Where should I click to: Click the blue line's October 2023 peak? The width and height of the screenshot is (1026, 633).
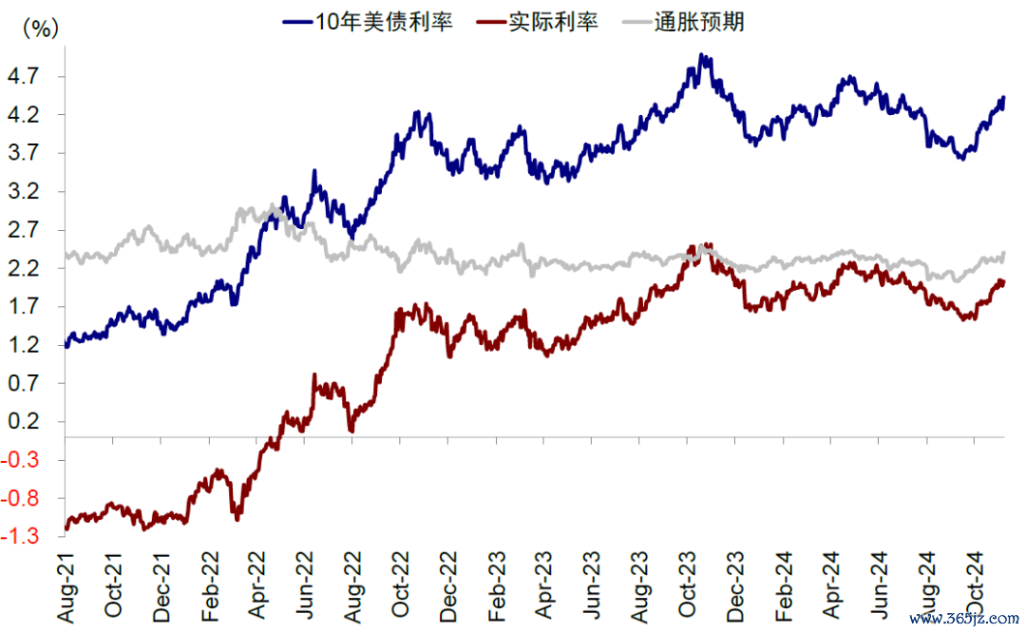click(702, 56)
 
